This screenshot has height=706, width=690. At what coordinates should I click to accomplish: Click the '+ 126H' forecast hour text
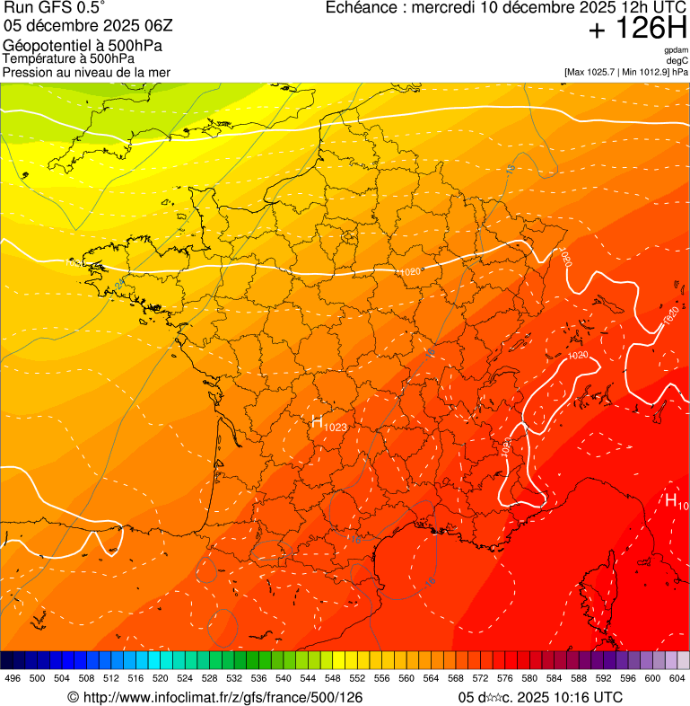[x=637, y=29]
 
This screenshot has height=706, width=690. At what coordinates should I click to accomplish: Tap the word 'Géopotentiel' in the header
[x=44, y=46]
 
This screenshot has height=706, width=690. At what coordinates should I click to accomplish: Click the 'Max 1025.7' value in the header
[x=598, y=71]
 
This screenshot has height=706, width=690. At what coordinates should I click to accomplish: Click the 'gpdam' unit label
[x=677, y=50]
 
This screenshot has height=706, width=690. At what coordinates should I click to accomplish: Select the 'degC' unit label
[x=678, y=60]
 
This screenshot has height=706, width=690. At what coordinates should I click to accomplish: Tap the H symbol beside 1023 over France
[x=317, y=421]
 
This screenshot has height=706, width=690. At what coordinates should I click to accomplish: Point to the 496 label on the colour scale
[x=13, y=679]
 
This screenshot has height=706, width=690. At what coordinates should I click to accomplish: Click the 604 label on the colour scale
[x=677, y=679]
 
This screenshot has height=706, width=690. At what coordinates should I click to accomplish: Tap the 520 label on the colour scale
[x=161, y=679]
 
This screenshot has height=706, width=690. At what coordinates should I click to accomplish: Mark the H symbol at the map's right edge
[x=670, y=500]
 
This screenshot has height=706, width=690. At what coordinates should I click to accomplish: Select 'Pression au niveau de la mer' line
[x=86, y=72]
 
